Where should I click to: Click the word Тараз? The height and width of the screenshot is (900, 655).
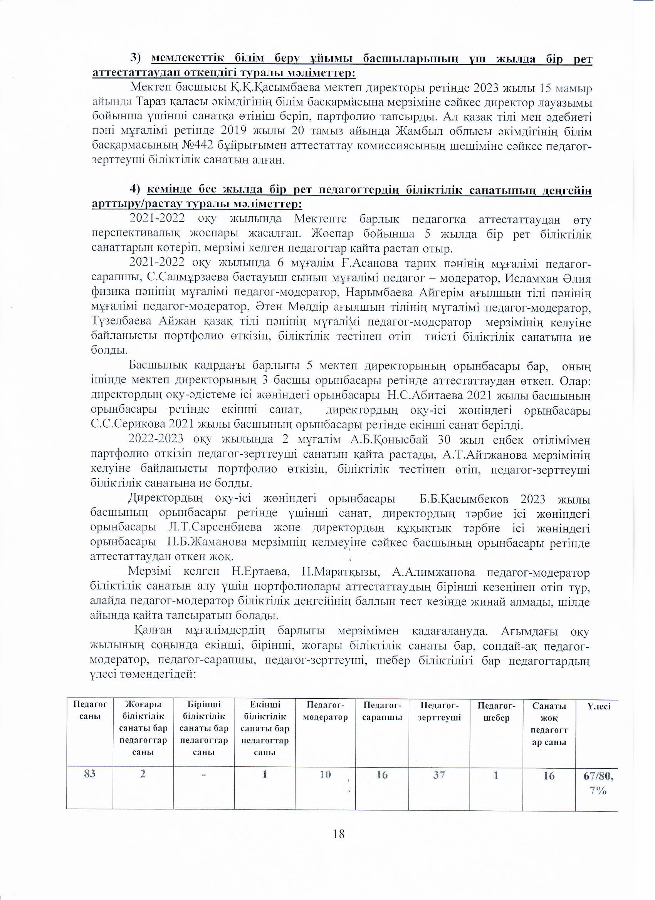click(x=151, y=102)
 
